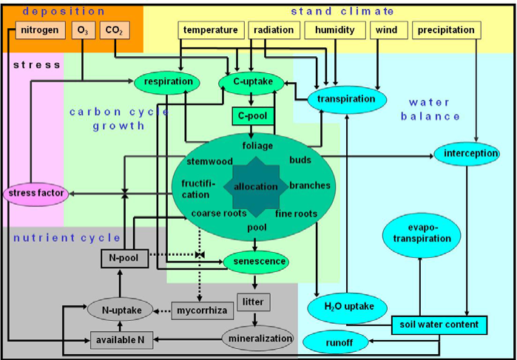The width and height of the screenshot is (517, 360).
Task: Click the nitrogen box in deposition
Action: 40,30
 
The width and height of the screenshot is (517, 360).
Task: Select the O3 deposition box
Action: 84,30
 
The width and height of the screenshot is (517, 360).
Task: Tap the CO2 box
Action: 115,30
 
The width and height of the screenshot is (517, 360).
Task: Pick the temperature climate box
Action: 211,30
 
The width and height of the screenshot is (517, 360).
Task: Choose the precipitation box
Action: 447,30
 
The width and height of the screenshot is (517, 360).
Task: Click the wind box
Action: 387,30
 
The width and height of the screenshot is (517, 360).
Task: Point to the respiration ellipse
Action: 167,82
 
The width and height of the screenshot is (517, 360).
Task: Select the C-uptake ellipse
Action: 252,82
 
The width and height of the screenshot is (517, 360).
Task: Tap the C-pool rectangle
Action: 253,116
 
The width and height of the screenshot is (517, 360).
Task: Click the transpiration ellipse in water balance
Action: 346,99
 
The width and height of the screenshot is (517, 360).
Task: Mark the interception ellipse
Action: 467,154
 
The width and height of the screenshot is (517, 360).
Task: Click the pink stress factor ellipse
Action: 36,193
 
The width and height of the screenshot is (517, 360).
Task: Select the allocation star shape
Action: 256,187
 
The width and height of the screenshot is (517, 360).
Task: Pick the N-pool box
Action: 124,259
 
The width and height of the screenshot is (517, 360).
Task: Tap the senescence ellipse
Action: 257,262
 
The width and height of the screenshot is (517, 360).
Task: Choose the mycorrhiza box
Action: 203,311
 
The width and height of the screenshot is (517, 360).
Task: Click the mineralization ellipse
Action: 257,339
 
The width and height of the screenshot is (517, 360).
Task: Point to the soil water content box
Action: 439,325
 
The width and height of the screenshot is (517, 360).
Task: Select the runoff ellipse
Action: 335,343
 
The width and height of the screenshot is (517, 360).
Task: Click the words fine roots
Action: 296,214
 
